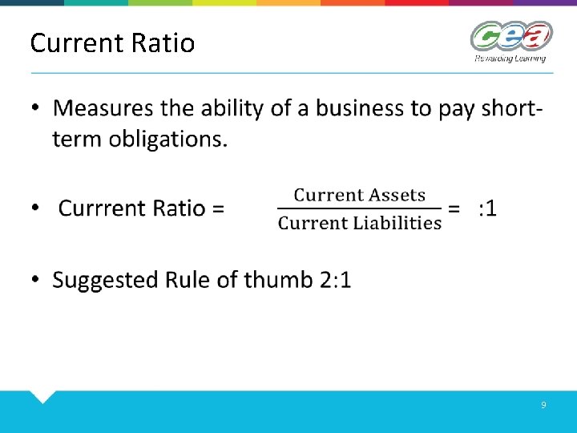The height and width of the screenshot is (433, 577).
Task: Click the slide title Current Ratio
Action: point(112,42)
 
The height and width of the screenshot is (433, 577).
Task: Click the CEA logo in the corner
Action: point(510,36)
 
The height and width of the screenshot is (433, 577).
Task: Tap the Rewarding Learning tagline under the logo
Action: point(510,59)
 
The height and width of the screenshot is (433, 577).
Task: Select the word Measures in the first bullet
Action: point(103,108)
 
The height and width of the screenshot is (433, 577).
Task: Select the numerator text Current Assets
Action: point(359,195)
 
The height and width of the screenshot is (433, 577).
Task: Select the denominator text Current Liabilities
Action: point(359,223)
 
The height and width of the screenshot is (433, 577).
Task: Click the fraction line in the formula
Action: point(359,208)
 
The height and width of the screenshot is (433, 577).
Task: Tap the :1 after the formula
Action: point(486,208)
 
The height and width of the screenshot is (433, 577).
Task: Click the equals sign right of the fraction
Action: point(454,208)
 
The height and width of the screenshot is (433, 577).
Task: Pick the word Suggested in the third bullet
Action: point(106,280)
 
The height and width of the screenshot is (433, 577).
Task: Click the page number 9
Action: point(543,406)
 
